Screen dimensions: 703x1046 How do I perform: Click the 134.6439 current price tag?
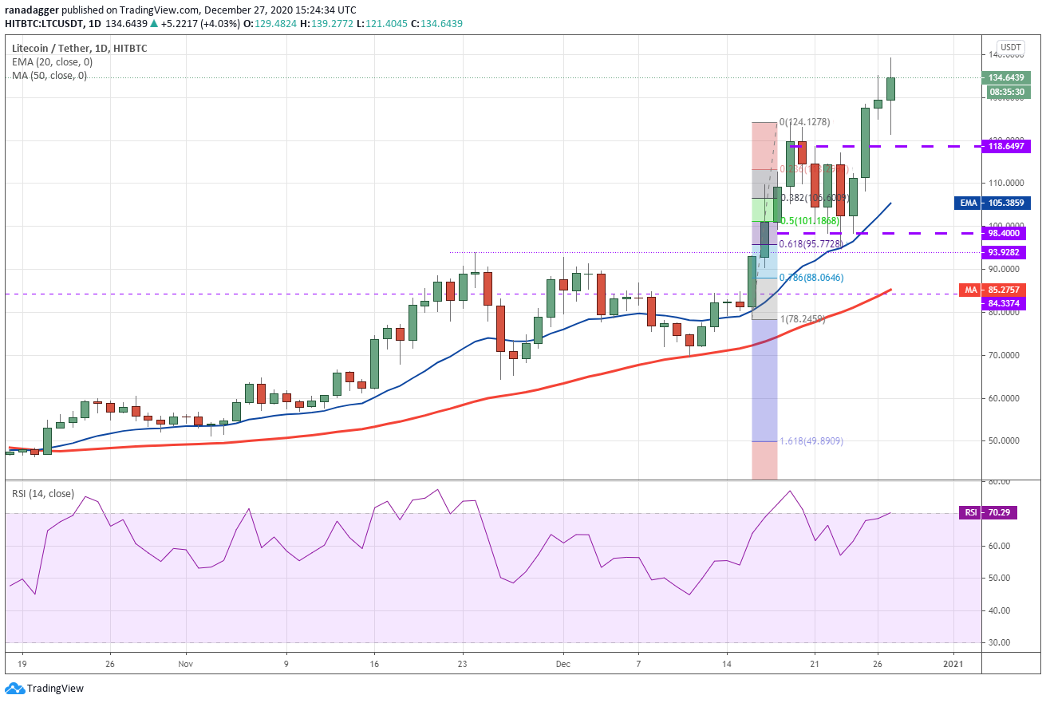pyautogui.click(x=1008, y=77)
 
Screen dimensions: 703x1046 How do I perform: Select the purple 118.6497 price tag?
pyautogui.click(x=1008, y=146)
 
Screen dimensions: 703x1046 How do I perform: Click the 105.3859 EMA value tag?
pyautogui.click(x=1008, y=203)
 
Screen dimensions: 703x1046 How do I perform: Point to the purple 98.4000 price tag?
pyautogui.click(x=1008, y=233)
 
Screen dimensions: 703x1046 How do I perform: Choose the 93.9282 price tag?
pyautogui.click(x=1008, y=252)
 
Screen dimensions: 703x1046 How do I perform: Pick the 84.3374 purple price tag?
pyautogui.click(x=1008, y=303)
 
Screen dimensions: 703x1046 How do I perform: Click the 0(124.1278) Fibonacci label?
pyautogui.click(x=804, y=122)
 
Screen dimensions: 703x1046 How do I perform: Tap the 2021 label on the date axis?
pyautogui.click(x=953, y=663)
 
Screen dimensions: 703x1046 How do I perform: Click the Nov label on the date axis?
pyautogui.click(x=185, y=663)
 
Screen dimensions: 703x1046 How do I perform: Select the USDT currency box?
pyautogui.click(x=1012, y=47)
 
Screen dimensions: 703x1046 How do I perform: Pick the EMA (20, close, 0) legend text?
pyautogui.click(x=52, y=61)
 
